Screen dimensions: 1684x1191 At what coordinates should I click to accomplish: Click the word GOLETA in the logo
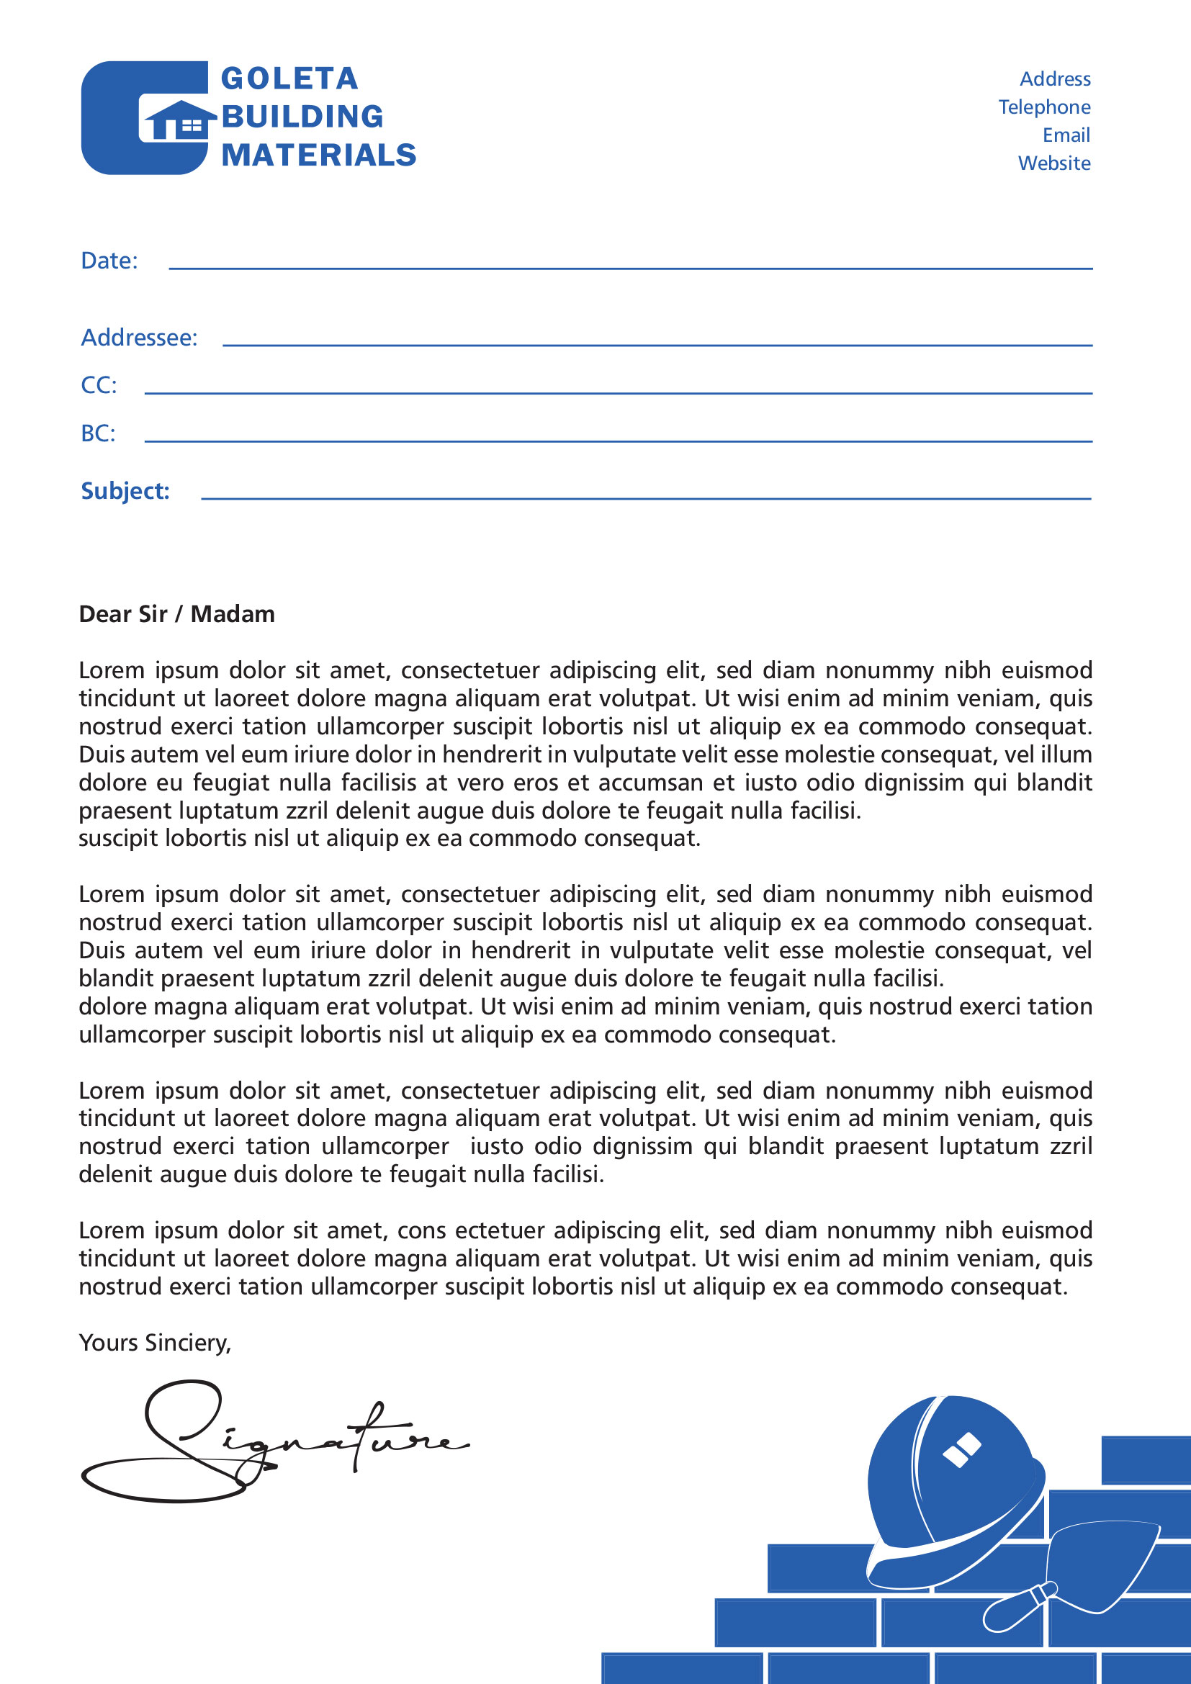point(289,78)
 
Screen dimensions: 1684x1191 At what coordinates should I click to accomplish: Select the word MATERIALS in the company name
point(319,155)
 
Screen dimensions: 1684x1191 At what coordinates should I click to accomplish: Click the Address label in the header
point(1055,79)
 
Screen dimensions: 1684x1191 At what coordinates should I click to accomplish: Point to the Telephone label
point(1043,107)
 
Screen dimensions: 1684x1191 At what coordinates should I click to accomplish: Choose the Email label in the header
point(1066,135)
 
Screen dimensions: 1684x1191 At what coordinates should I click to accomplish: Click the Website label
point(1054,163)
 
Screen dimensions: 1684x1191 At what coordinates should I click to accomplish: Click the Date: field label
point(109,261)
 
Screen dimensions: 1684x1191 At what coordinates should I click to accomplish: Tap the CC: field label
point(99,385)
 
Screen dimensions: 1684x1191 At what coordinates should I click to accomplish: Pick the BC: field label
point(98,433)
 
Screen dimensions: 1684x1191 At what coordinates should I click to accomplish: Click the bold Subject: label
point(125,491)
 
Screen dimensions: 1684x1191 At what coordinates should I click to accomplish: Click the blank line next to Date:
point(631,268)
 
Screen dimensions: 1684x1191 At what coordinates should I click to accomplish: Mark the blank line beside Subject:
point(645,498)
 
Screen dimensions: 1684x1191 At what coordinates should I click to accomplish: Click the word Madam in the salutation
point(233,614)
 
